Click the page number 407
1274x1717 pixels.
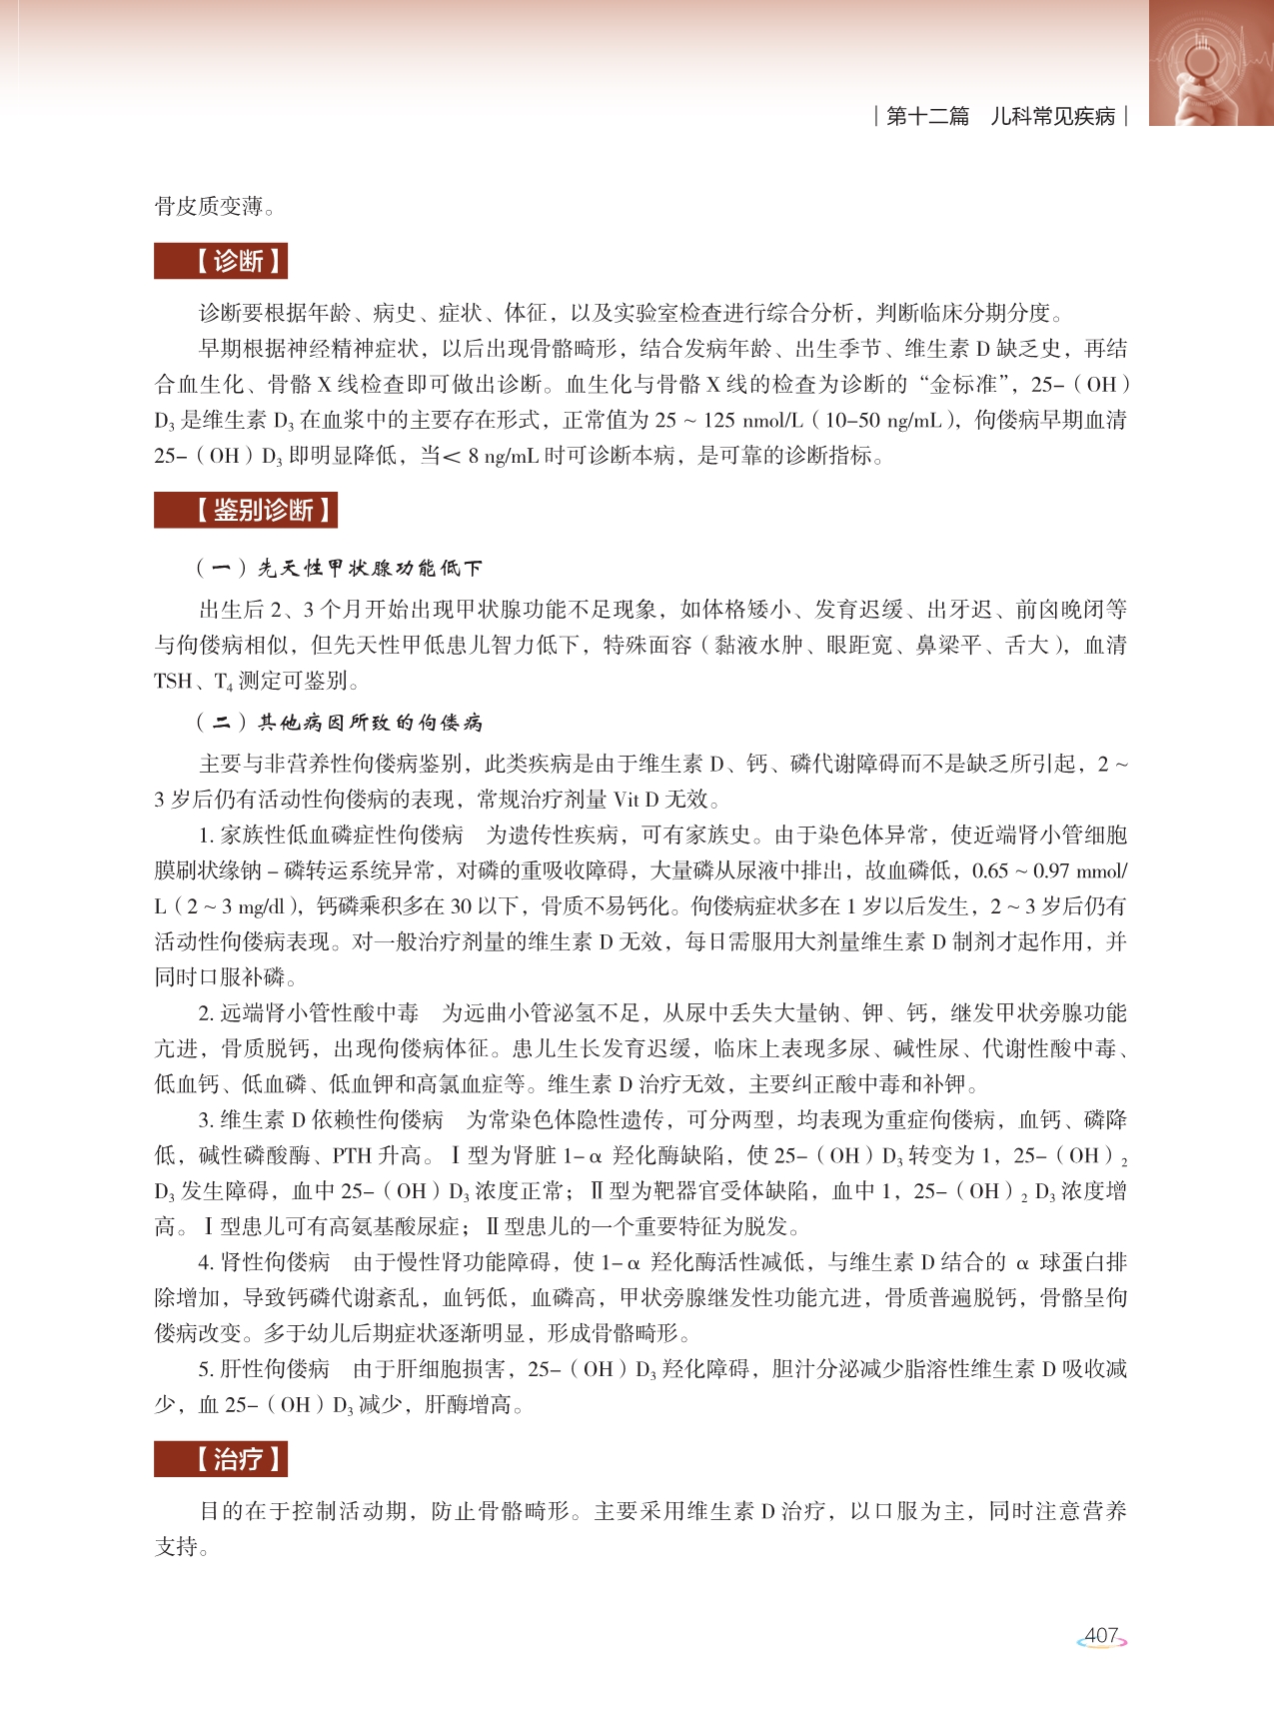coord(1101,1636)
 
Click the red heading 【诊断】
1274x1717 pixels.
coord(221,261)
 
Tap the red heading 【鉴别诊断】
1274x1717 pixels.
coord(246,510)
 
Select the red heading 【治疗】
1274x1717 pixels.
coord(221,1459)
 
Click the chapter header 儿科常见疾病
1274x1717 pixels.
coord(1052,116)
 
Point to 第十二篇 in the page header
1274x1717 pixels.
coord(927,116)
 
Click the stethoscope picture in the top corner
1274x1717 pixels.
coord(1210,62)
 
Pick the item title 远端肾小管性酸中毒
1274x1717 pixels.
coord(319,1012)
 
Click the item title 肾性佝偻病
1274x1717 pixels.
coord(275,1262)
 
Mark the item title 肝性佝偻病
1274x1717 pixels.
coord(275,1368)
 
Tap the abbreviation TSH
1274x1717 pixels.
coord(173,681)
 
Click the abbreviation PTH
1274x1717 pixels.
coord(352,1155)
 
